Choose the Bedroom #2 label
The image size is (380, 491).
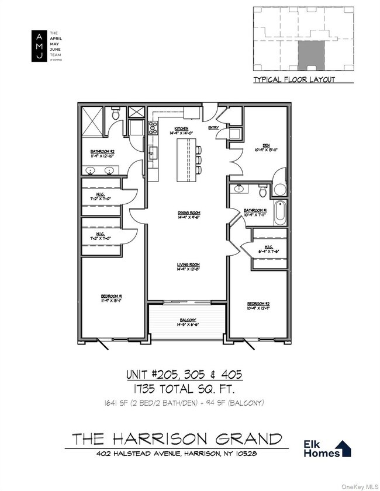258,304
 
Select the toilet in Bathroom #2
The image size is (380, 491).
116,114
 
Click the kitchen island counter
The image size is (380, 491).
187,161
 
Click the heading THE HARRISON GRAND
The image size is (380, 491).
177,438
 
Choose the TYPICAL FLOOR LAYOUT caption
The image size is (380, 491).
294,79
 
